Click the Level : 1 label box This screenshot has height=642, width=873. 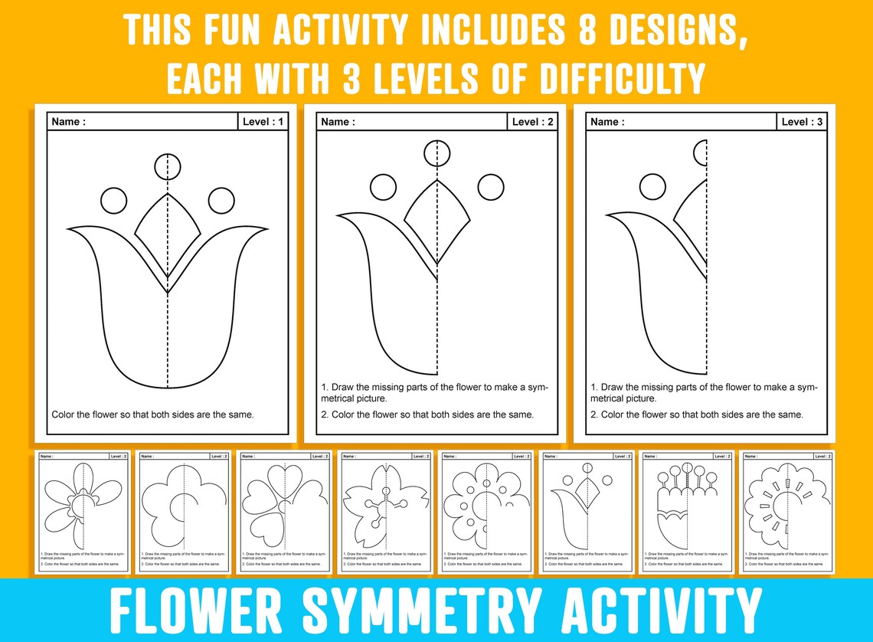[263, 122]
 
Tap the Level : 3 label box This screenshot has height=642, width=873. [802, 122]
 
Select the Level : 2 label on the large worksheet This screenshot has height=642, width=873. [532, 122]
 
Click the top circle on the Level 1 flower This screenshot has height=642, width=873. [167, 166]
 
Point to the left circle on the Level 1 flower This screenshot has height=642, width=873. [113, 201]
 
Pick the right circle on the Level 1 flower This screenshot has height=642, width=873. [221, 201]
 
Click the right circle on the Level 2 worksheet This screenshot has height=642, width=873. [490, 186]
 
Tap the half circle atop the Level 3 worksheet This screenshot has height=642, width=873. [700, 152]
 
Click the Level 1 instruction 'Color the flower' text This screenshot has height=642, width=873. [152, 414]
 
